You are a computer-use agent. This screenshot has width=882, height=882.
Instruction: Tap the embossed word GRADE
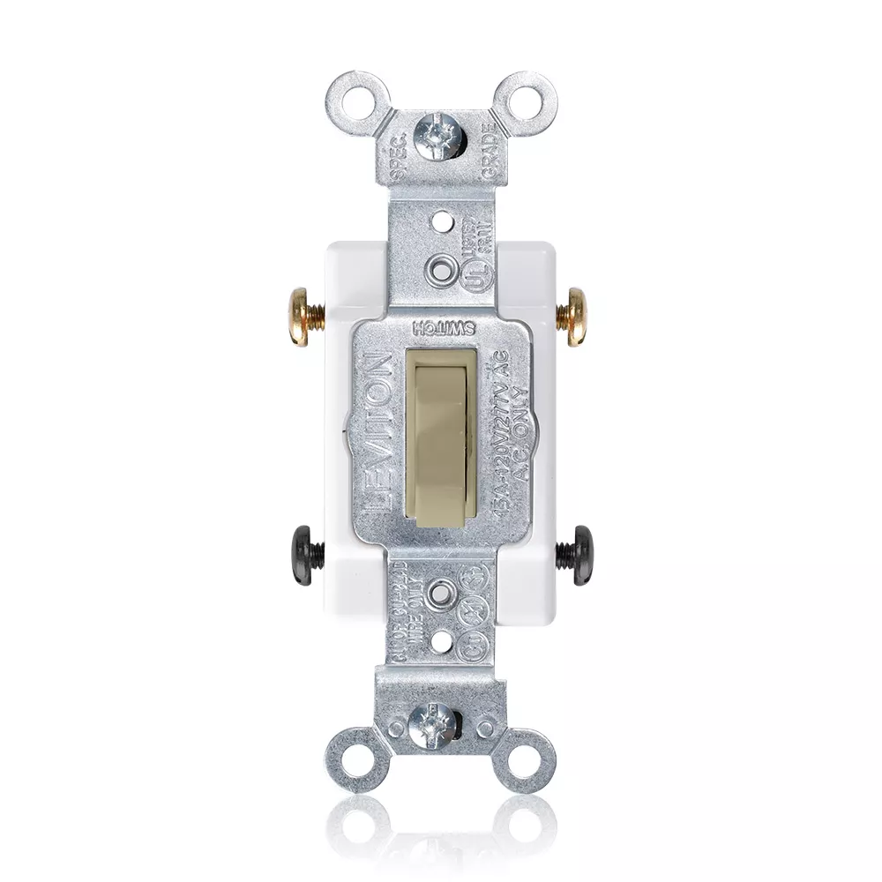pyautogui.click(x=487, y=149)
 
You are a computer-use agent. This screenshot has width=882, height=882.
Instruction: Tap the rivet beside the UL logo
pyautogui.click(x=438, y=265)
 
